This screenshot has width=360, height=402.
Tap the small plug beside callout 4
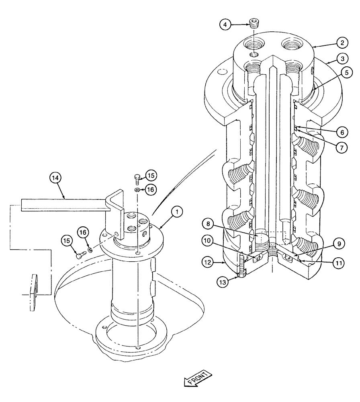[254, 24]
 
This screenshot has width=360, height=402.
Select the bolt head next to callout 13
[242, 274]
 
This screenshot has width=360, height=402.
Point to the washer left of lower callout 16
[90, 250]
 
